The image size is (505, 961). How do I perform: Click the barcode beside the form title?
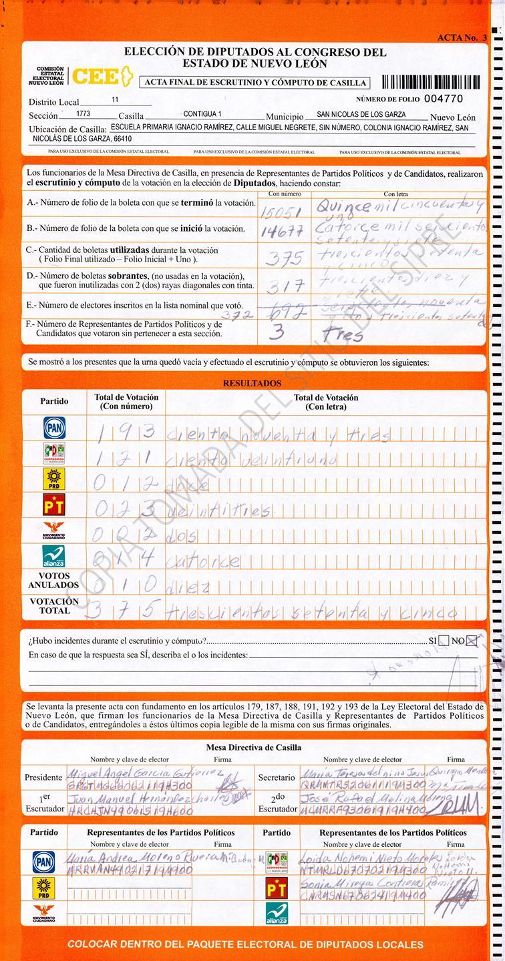click(x=430, y=82)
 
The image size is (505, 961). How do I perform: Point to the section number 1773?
click(x=83, y=114)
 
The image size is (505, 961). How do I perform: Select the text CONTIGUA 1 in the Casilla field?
click(x=202, y=114)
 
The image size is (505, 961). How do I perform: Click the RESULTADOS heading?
click(x=252, y=384)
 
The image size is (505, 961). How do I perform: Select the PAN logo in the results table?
click(x=54, y=428)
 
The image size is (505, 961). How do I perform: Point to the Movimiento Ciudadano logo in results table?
click(x=54, y=531)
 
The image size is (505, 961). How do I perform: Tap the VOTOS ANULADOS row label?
click(x=53, y=580)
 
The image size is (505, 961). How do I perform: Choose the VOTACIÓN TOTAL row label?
click(x=53, y=605)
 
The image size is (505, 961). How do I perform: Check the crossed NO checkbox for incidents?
click(x=472, y=641)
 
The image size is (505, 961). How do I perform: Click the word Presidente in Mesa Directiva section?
click(x=43, y=777)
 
